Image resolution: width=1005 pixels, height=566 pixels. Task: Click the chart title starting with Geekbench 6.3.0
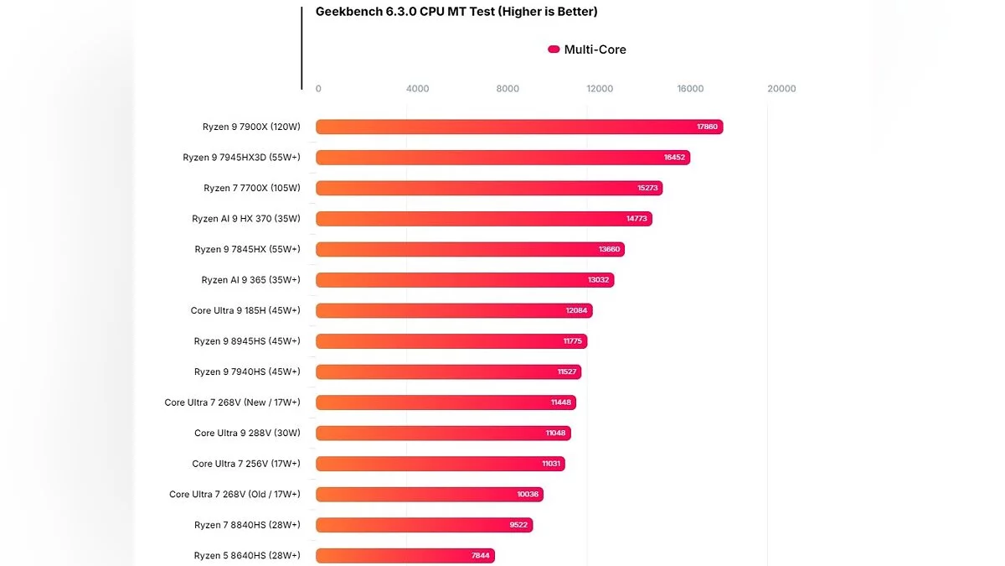click(456, 12)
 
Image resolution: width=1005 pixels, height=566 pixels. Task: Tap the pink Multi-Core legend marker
click(554, 49)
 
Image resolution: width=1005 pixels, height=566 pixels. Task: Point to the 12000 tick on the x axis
click(600, 89)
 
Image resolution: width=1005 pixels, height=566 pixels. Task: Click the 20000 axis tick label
click(782, 89)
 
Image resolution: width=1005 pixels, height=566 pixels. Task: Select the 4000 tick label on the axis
click(417, 89)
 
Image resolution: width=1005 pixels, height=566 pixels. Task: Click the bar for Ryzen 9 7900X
click(518, 127)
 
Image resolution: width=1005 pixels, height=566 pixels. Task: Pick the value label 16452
click(673, 158)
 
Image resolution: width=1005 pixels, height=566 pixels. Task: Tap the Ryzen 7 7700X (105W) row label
click(251, 188)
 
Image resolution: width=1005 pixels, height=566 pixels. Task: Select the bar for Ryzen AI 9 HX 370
click(483, 219)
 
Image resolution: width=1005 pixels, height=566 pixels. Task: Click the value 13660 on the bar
click(609, 249)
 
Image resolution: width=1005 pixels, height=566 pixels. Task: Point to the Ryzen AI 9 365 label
click(250, 280)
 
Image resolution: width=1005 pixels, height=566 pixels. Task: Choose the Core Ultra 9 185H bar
click(453, 310)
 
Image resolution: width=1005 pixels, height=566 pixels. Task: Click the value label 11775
click(571, 341)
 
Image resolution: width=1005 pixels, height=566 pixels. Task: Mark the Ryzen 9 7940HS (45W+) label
click(247, 371)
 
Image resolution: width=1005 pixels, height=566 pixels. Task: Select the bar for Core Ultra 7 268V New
click(446, 402)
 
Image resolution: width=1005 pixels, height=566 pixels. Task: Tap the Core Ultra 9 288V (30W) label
click(247, 433)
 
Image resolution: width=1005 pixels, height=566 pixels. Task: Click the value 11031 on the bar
click(553, 464)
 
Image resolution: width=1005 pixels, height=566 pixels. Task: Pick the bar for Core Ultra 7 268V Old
click(429, 495)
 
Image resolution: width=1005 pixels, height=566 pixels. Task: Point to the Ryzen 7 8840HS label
click(247, 525)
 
